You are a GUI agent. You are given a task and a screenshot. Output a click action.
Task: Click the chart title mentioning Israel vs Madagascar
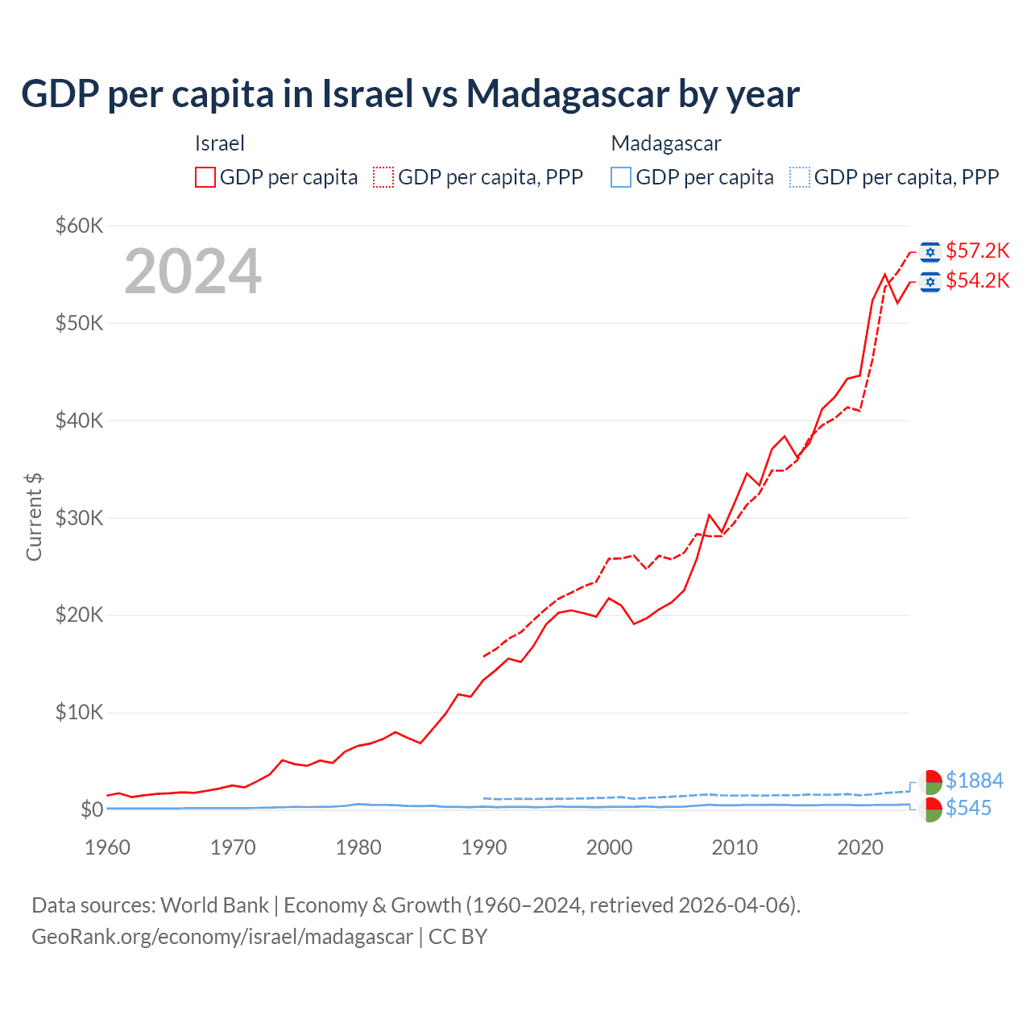410,94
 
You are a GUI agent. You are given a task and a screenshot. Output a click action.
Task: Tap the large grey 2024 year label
193,271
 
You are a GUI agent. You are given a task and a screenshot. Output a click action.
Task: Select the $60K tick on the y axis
80,226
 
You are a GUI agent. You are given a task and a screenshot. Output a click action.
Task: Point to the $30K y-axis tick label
80,518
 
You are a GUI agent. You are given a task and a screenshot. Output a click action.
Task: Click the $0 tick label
92,809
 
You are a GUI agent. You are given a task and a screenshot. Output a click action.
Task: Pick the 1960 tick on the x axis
107,847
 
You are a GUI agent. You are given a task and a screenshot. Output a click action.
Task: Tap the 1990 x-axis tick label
484,847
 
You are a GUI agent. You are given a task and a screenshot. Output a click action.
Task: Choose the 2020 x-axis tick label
860,847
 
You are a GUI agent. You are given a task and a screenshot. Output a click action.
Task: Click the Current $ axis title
34,516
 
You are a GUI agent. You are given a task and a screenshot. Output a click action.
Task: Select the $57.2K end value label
977,251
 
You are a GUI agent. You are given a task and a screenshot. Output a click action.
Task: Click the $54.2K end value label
977,281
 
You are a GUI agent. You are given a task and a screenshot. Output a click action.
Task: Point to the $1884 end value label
974,780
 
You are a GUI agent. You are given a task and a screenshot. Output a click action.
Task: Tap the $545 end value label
968,808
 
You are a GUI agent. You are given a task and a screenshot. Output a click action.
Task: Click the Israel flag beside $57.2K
930,252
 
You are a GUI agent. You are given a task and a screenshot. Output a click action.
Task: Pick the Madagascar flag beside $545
930,809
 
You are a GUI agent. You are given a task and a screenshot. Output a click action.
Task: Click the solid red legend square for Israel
205,177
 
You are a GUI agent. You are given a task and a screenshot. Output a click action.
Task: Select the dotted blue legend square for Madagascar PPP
800,177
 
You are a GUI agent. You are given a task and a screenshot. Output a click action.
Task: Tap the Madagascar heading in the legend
666,143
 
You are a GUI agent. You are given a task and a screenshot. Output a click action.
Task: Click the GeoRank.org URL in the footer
222,937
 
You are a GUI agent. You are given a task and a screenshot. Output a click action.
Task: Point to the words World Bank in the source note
214,905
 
